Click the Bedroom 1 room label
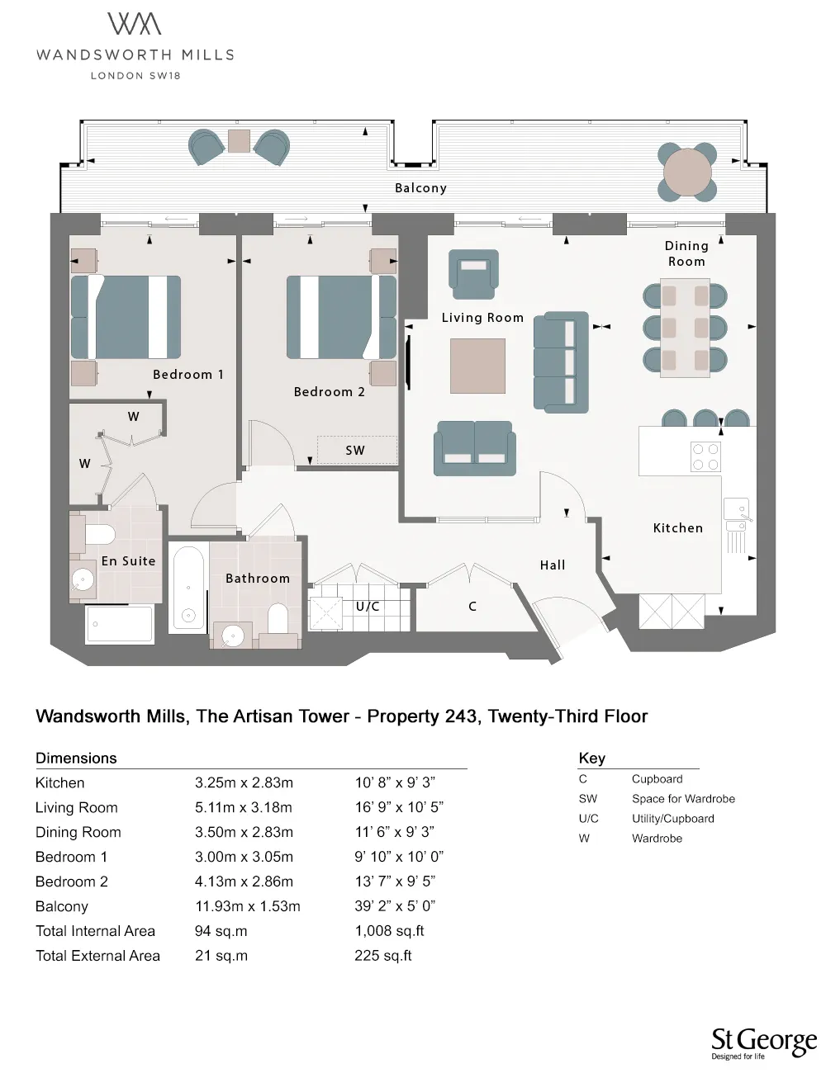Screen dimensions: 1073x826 tap(188, 375)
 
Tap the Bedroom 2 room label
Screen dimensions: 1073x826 tap(329, 392)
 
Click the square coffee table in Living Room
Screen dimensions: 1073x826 tap(477, 366)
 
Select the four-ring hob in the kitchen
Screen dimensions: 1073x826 tap(705, 456)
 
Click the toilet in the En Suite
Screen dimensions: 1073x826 tap(97, 534)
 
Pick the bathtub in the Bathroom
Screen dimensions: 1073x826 tap(188, 587)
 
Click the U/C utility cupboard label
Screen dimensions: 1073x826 tap(368, 607)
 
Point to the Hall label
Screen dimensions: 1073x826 tap(553, 565)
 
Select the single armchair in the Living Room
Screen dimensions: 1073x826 tap(474, 273)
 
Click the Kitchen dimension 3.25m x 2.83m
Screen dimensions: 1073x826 tap(244, 783)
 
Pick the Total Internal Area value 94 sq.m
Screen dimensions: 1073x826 tap(221, 931)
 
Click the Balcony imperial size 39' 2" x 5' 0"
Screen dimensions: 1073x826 tap(395, 906)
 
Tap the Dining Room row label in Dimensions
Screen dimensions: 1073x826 tap(78, 832)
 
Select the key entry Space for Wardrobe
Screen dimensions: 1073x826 tap(683, 799)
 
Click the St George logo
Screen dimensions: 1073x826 tap(762, 1042)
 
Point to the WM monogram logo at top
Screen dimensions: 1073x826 tap(135, 24)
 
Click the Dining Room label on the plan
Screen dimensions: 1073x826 tap(686, 253)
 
